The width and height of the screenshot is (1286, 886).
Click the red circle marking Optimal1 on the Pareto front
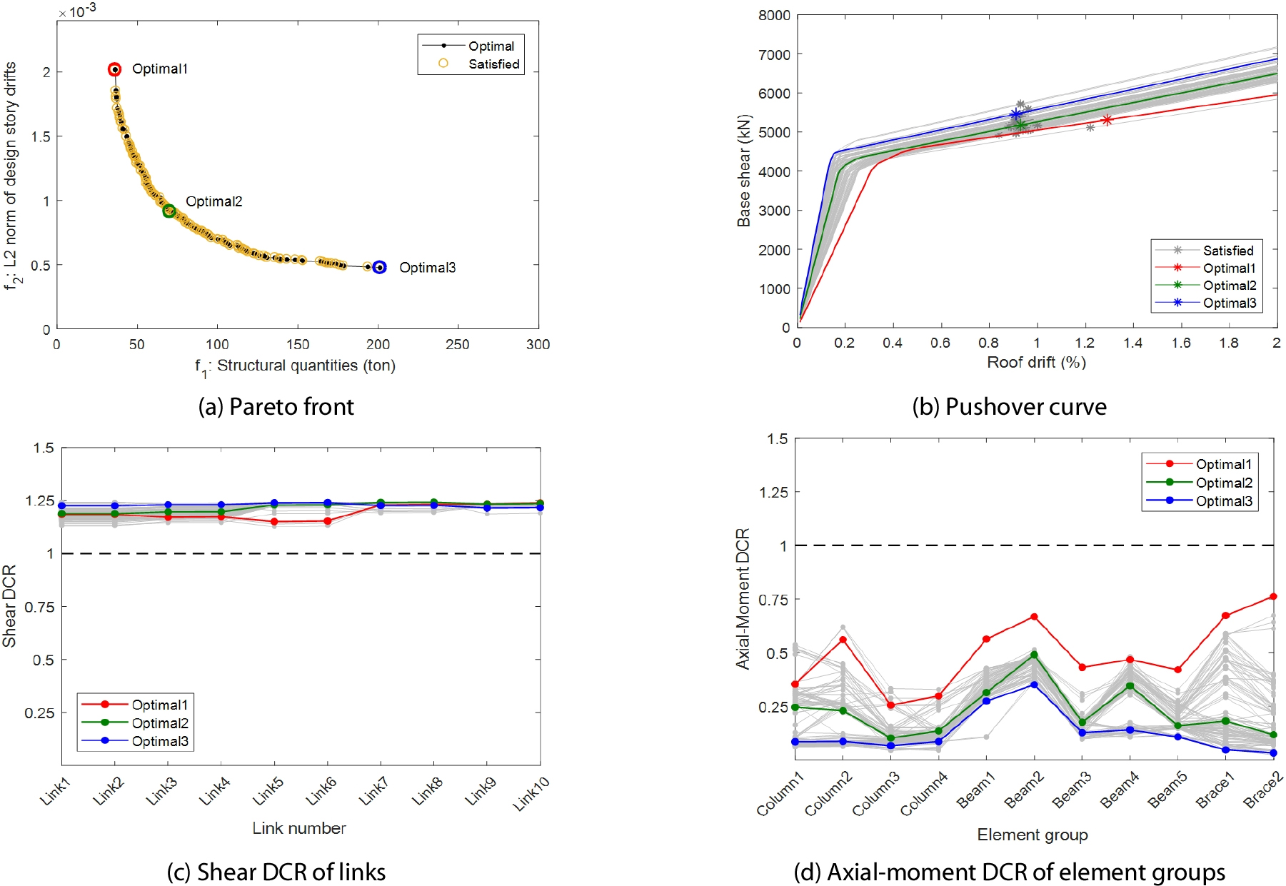coord(114,69)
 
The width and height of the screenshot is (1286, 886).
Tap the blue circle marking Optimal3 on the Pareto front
coord(380,267)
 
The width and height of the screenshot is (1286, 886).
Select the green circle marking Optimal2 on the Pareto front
coord(169,211)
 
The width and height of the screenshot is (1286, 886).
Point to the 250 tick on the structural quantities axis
coord(458,344)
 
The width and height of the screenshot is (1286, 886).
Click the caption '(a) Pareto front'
coord(276,406)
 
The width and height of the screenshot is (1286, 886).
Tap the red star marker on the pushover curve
coord(1107,120)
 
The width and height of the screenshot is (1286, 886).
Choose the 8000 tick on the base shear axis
coord(774,15)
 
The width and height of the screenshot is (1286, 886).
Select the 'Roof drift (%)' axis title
coord(1036,362)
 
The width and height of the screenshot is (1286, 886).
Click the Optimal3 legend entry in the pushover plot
coord(1229,303)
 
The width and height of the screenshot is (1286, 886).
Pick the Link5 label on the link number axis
coord(268,790)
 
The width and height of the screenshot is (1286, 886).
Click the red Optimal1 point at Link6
coord(328,521)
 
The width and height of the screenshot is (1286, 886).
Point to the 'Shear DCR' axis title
coord(9,605)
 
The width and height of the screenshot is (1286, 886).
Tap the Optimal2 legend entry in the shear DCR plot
coord(159,723)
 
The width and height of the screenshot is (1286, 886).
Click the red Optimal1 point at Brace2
coord(1274,596)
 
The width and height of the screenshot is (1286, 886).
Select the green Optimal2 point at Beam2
coord(1034,655)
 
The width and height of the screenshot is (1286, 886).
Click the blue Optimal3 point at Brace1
coord(1226,750)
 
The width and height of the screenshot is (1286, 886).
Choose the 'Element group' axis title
coord(1033,835)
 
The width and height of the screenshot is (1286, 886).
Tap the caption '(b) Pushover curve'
coord(1009,406)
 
